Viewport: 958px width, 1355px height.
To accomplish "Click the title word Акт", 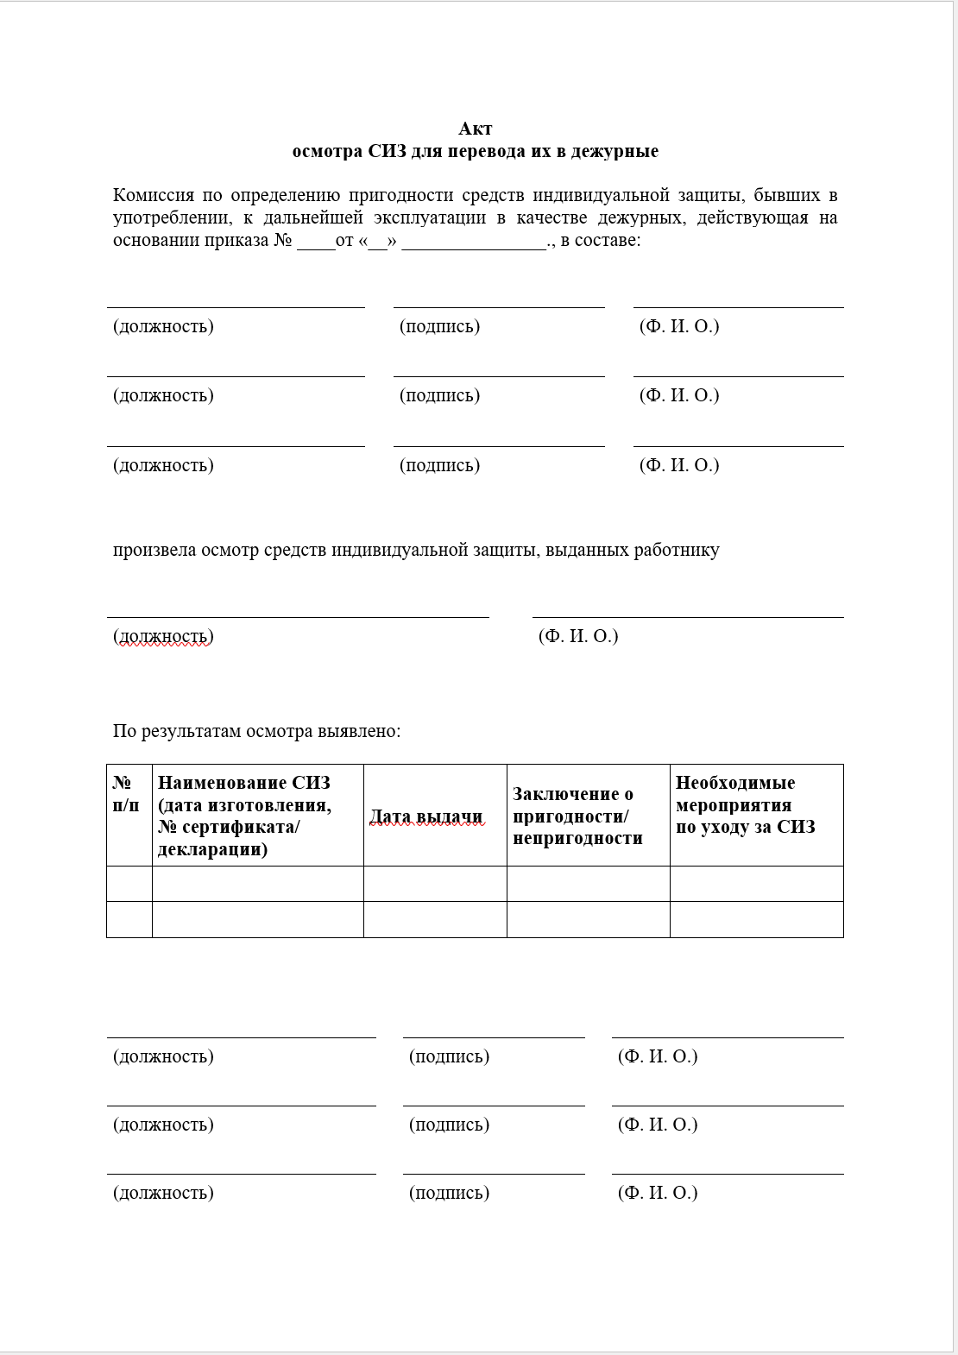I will (x=475, y=129).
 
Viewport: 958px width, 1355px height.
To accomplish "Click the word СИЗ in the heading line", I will (x=387, y=151).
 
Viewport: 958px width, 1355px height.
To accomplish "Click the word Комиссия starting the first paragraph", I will (x=153, y=195).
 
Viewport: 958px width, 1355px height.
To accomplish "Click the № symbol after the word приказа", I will (x=283, y=240).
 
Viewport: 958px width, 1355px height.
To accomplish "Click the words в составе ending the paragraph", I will (x=601, y=240).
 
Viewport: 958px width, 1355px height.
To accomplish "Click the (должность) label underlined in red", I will (x=163, y=636).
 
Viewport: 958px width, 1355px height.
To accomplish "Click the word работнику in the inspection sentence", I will (x=677, y=550).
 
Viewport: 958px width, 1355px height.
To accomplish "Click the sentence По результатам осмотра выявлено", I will (x=256, y=731).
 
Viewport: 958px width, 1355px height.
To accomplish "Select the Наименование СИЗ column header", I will (x=244, y=815).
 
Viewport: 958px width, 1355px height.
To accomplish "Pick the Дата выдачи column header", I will (x=426, y=816).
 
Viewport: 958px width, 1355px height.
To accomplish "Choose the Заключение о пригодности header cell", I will (x=577, y=816).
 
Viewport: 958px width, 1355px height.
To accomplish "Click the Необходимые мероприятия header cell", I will (x=744, y=804).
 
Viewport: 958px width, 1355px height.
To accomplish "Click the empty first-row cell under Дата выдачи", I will (x=434, y=884).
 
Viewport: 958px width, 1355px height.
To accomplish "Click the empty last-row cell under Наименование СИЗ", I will (x=257, y=919).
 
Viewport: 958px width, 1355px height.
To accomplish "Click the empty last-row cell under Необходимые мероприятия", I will (x=756, y=919).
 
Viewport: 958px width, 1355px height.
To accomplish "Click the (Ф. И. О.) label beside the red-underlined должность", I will (x=578, y=636).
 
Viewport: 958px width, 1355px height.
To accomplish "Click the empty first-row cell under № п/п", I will (x=129, y=884).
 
